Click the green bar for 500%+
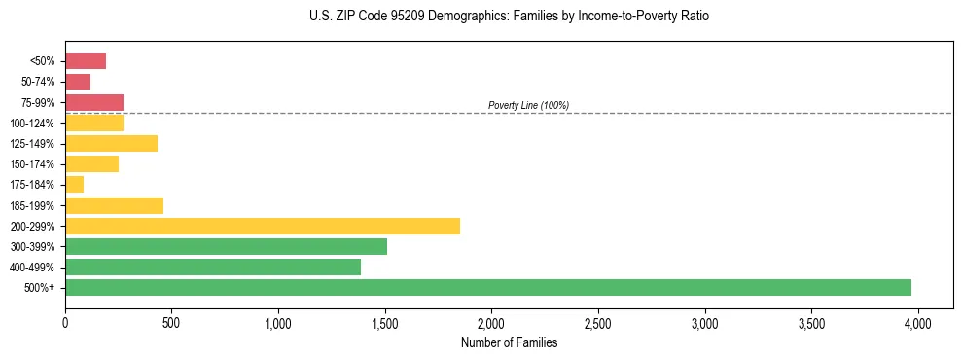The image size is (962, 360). coord(487,287)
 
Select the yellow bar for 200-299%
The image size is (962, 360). coord(263,226)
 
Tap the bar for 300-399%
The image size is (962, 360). coord(226,246)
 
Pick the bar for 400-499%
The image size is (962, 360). coord(213,267)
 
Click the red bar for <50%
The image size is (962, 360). coord(86,61)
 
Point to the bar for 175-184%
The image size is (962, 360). coord(75,184)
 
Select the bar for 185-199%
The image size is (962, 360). coord(114,205)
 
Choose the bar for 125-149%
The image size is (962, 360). coord(111,143)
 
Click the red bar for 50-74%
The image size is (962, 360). coord(78,82)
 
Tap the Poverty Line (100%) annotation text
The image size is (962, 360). coord(528,105)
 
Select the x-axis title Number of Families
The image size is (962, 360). coord(510,342)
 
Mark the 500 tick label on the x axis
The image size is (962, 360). coord(171,322)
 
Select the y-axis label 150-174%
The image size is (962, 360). coord(37,164)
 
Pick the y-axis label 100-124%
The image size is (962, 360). coord(37,124)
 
